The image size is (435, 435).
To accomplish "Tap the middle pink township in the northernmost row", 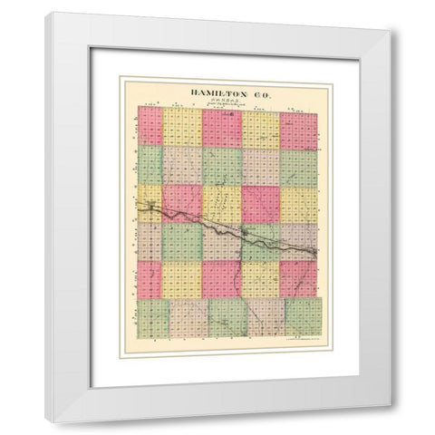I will (222, 127).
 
